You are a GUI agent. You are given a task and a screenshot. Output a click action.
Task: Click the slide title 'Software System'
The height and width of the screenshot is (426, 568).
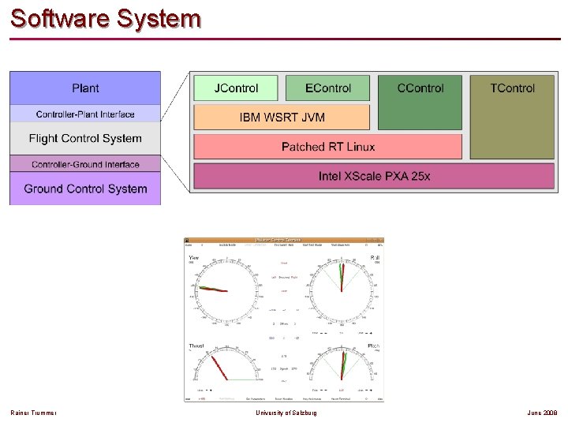tap(106, 18)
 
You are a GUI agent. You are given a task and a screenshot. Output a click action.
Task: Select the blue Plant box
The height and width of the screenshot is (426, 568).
tap(85, 88)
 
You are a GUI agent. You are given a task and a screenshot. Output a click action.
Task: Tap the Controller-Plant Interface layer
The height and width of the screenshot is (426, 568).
tap(85, 114)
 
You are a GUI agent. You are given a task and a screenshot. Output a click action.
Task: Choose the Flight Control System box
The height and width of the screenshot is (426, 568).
tap(85, 139)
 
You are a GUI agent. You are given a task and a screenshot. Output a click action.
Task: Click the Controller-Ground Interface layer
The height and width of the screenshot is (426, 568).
tap(85, 164)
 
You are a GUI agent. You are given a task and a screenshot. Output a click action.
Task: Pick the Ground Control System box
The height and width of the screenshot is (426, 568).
tap(85, 189)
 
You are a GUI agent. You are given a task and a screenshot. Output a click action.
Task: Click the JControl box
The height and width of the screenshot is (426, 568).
tap(237, 88)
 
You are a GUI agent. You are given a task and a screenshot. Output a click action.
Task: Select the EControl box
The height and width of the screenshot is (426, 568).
tap(327, 88)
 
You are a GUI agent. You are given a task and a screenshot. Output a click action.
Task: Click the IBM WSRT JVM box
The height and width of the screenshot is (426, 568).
tap(282, 118)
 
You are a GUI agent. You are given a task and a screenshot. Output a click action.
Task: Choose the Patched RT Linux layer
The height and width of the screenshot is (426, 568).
tap(327, 147)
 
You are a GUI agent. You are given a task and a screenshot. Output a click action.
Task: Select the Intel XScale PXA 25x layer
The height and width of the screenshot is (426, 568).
tap(374, 176)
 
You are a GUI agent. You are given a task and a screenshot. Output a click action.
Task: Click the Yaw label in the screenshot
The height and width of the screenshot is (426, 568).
tap(193, 257)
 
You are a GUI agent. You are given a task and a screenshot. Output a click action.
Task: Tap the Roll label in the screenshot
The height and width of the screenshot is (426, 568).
tap(375, 257)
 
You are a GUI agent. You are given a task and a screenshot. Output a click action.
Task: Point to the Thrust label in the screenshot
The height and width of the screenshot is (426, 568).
tap(196, 346)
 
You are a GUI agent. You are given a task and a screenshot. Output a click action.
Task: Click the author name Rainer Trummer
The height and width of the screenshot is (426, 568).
tap(33, 413)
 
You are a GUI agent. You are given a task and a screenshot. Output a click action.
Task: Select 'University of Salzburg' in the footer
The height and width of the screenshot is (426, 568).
tap(286, 413)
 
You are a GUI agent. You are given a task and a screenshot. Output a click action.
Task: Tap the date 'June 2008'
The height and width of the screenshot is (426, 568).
tap(544, 413)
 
